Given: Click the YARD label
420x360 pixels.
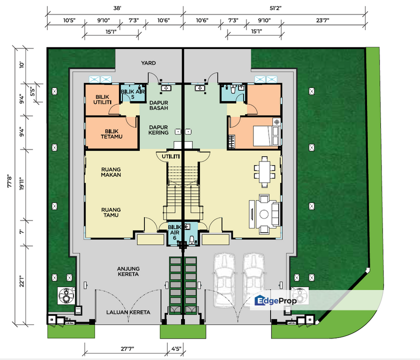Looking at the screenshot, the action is coord(148,63).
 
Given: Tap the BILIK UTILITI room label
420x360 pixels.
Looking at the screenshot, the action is coord(102,99).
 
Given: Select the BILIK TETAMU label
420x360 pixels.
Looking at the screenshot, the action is coord(111,134).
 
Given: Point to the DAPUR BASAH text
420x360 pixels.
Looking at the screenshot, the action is coord(159,105).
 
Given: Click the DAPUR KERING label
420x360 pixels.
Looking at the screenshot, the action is coord(158,130).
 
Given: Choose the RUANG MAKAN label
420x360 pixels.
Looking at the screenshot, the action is coord(111,172).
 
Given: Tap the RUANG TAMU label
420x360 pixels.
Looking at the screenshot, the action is coord(111,212).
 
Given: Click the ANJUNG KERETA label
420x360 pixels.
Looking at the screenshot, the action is coord(128,271).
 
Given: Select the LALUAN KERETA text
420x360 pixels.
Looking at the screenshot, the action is coord(128,312).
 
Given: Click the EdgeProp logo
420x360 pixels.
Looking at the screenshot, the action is coord(275,300).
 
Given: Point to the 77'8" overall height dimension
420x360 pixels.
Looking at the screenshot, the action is coord(9,181).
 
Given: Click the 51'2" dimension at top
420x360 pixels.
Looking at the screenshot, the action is coord(275,8).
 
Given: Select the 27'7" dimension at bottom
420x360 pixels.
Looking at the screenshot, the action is coord(127,349).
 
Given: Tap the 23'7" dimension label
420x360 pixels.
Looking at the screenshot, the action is coord(322,20).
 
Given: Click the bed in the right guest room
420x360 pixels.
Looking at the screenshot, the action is coord(263,136).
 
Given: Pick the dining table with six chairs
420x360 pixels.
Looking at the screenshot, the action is coord(264,171).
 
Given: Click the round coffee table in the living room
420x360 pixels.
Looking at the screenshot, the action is coord(264,214).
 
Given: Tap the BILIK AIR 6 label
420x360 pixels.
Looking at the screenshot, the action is coord(174,232).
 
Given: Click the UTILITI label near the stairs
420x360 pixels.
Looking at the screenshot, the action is coord(170,156).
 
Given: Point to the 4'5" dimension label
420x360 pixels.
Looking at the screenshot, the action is coord(176,349).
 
